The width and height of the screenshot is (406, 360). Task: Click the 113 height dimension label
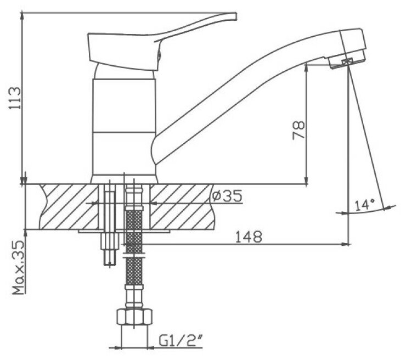pos(15,98)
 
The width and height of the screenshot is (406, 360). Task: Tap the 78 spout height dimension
pos(298,130)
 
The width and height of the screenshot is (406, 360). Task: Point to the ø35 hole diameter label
pos(227,196)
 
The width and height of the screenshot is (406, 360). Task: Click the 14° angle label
pos(365,205)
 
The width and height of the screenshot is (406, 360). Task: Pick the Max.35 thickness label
pos(19,268)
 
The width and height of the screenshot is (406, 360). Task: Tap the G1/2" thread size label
pos(181,341)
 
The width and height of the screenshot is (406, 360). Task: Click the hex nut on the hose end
pos(134,317)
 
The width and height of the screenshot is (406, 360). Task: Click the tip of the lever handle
pos(236,16)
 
